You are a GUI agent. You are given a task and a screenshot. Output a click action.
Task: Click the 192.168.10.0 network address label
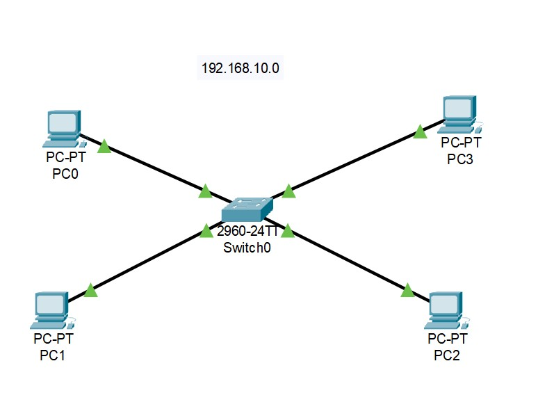(241, 69)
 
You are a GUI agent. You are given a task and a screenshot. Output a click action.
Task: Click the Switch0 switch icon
(247, 209)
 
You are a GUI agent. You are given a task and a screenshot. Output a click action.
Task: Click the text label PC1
(54, 356)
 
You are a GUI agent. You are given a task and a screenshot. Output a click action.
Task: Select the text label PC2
(447, 356)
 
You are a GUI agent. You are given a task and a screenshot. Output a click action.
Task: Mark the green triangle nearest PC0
(104, 146)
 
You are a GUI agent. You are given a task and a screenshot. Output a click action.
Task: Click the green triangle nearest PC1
(90, 291)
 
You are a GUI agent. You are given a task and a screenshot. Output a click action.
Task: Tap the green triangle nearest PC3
(420, 131)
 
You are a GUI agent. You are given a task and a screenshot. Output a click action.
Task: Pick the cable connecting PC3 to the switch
(355, 161)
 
